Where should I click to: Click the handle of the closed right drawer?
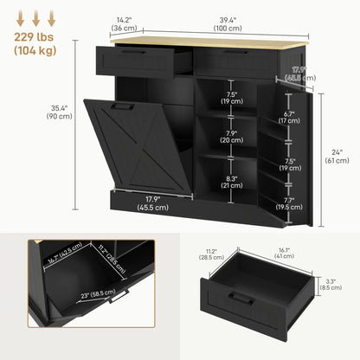click(x=221, y=51)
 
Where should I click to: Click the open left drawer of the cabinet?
click(x=143, y=59)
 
